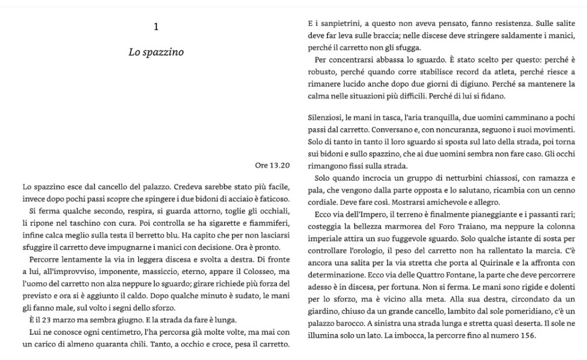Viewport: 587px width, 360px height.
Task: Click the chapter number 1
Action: [x=156, y=26]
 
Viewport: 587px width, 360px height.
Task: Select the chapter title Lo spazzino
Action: [x=156, y=52]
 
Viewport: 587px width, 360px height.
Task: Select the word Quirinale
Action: [x=476, y=263]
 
